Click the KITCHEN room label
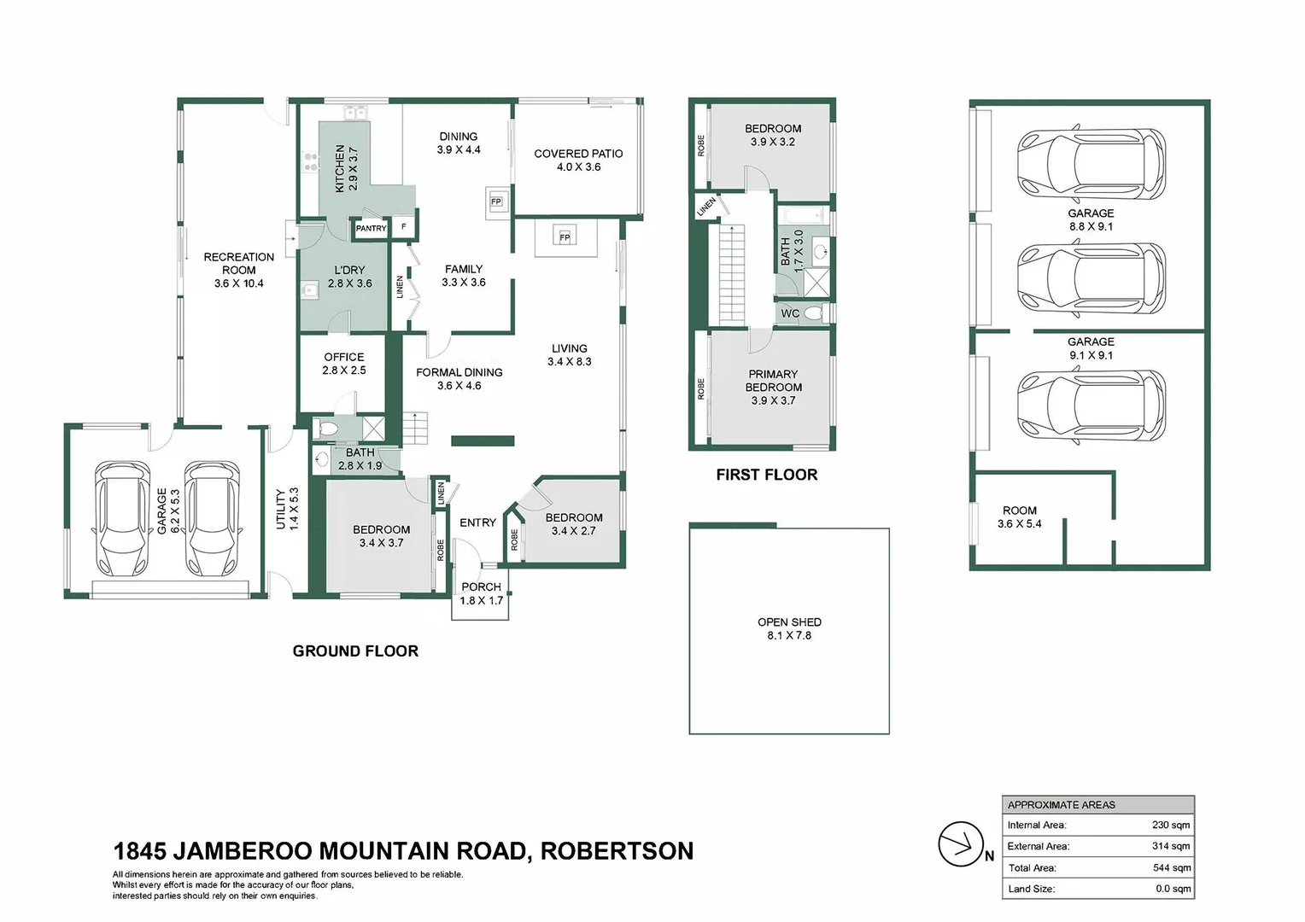(340, 167)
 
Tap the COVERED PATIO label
(578, 154)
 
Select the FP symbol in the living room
(565, 237)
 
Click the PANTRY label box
(371, 229)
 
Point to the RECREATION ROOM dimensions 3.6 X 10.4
(239, 283)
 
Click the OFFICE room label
(344, 357)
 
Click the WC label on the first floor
(790, 313)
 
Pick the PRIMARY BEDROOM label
(773, 380)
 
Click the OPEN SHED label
(789, 621)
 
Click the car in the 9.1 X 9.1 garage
(1091, 406)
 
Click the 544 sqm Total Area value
(1171, 867)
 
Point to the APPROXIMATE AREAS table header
(1061, 804)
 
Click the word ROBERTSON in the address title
(617, 851)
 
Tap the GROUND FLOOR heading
(355, 651)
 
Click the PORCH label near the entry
(481, 586)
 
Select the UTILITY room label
(281, 509)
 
